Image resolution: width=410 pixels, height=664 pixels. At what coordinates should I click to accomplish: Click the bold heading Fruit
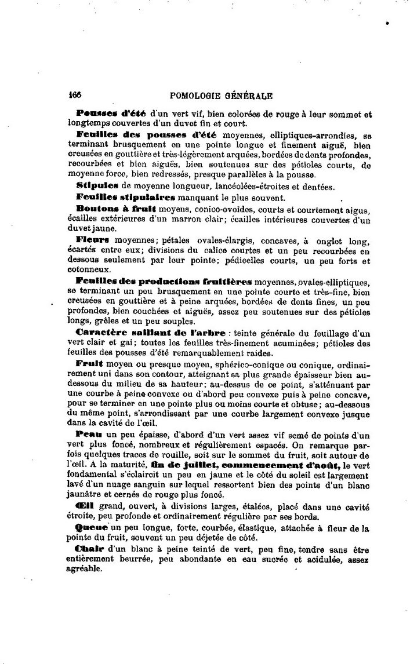[x=89, y=364]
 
